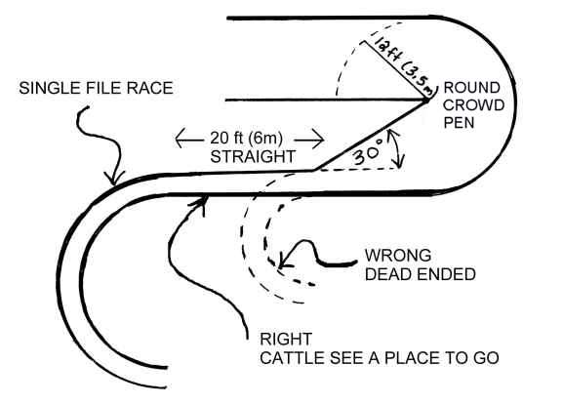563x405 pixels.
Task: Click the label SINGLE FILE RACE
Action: click(x=96, y=89)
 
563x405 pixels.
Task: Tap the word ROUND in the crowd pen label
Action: click(x=472, y=88)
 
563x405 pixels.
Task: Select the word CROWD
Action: click(x=473, y=105)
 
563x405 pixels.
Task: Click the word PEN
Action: click(x=459, y=123)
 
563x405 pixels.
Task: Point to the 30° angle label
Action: click(x=369, y=152)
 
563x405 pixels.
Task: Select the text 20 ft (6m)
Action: click(x=246, y=139)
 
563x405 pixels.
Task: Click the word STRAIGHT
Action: click(x=253, y=157)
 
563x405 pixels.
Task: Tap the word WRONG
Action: click(x=398, y=256)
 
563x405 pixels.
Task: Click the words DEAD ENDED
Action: click(x=421, y=274)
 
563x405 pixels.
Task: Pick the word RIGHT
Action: click(x=286, y=340)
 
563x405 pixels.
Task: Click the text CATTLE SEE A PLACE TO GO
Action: click(x=380, y=358)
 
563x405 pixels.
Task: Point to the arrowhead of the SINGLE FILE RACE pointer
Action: click(x=114, y=179)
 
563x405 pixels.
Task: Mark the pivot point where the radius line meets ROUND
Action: click(x=426, y=101)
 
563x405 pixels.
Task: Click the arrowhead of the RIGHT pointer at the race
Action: click(x=201, y=203)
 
